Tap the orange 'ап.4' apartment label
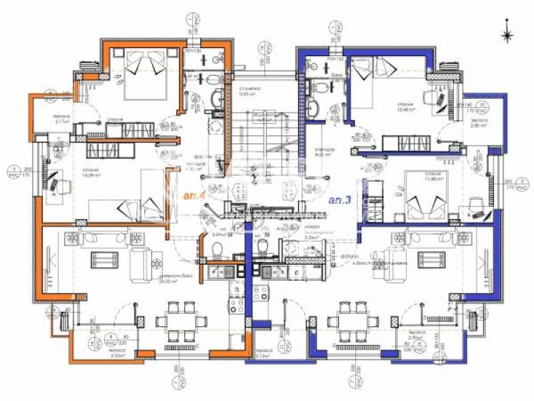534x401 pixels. pos(192,196)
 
